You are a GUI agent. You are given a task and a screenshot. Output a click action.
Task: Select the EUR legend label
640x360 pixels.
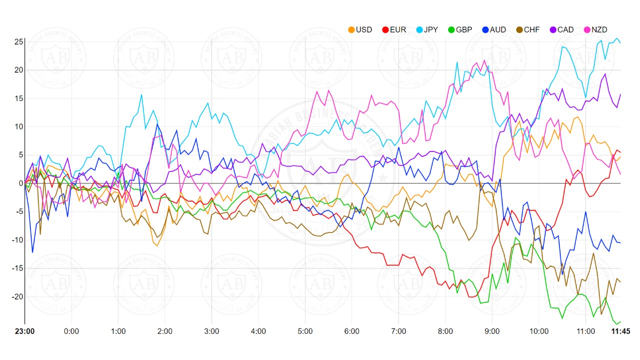tap(394, 29)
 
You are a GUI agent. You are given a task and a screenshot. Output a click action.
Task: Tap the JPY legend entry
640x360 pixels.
tap(426, 29)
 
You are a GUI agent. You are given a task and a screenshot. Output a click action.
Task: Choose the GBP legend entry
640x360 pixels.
tap(459, 29)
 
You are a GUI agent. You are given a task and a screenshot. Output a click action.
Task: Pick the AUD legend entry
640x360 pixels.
tap(493, 29)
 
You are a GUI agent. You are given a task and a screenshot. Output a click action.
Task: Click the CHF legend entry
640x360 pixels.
tap(527, 29)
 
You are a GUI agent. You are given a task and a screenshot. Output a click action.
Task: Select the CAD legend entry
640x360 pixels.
tap(561, 29)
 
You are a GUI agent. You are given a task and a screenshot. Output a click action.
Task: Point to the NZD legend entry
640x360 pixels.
tap(594, 29)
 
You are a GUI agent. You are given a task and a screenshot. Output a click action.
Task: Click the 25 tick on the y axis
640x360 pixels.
tap(18, 41)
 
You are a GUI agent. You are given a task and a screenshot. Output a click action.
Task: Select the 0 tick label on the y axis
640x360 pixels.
tap(20, 183)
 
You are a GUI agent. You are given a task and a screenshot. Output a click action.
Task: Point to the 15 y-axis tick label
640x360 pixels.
tap(18, 98)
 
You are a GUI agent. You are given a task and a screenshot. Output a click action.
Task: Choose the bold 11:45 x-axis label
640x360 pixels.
tap(620, 331)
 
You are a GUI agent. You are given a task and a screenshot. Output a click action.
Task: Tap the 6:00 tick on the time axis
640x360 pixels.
tap(352, 331)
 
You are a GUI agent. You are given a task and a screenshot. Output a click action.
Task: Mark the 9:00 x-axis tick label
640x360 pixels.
tap(492, 331)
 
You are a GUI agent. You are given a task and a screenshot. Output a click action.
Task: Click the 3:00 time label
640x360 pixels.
tap(212, 331)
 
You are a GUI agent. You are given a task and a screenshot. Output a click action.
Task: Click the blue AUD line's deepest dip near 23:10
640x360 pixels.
tap(32, 252)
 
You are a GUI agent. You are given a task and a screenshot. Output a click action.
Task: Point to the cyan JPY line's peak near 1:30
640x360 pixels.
tap(141, 94)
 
